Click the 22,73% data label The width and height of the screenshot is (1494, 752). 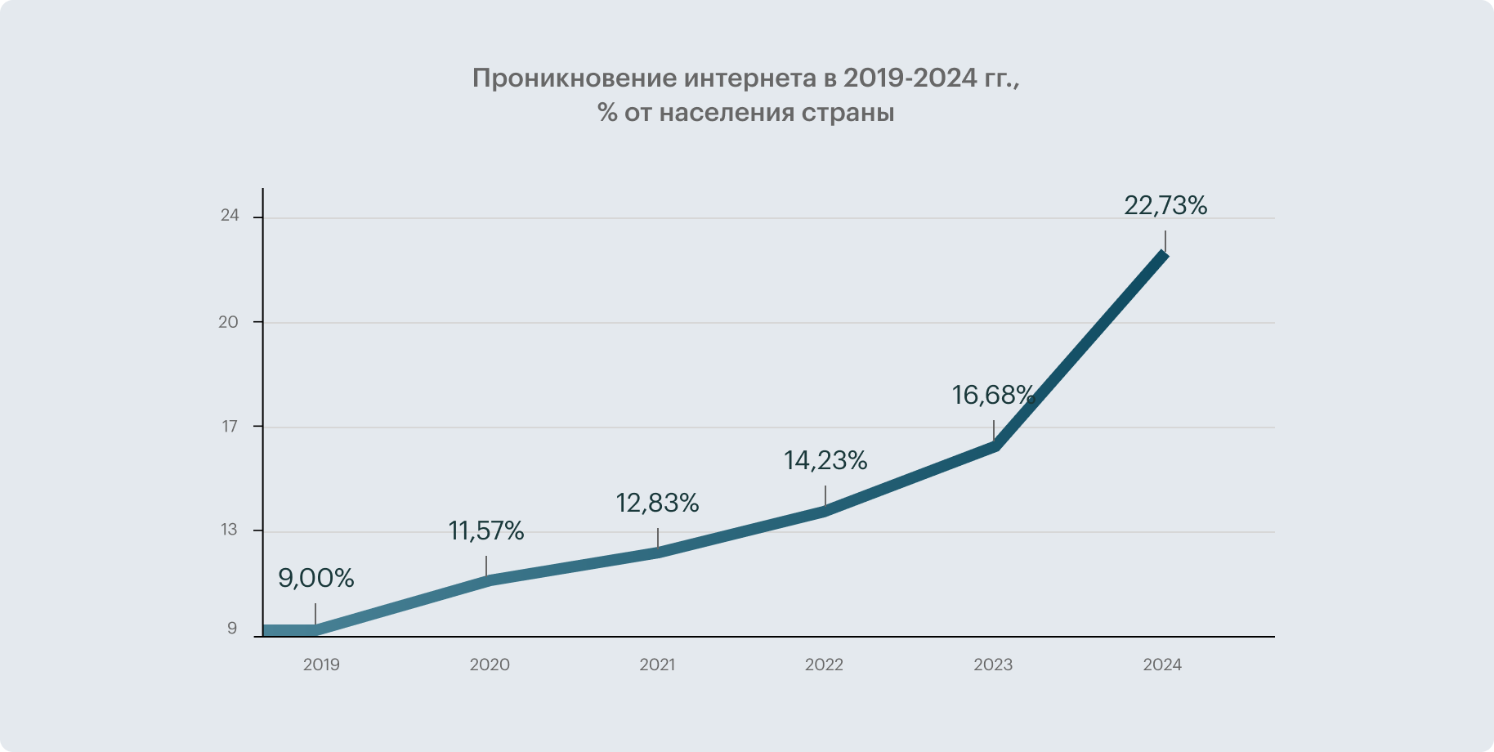click(x=1165, y=206)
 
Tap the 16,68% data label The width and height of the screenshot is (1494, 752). click(x=993, y=396)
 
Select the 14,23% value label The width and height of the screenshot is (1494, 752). click(x=825, y=461)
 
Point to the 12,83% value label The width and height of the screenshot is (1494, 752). click(x=657, y=504)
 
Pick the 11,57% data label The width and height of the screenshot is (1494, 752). click(x=486, y=531)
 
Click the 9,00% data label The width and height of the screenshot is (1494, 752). click(x=316, y=579)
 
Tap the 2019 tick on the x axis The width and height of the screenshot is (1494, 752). click(x=321, y=665)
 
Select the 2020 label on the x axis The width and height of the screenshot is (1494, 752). click(x=490, y=665)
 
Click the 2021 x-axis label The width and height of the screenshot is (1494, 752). click(x=657, y=665)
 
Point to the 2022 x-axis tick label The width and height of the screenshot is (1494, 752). click(x=824, y=665)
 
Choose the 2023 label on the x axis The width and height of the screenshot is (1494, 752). click(x=993, y=665)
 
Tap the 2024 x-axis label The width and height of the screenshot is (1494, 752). click(x=1162, y=665)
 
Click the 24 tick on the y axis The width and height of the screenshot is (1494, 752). click(x=230, y=216)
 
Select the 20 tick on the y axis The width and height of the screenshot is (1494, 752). click(x=229, y=322)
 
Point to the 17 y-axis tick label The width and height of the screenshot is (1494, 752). click(x=230, y=427)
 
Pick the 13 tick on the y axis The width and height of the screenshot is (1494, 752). click(x=229, y=530)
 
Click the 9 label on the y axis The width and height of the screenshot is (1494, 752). click(x=232, y=629)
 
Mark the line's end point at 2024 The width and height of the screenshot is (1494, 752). click(x=1165, y=254)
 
